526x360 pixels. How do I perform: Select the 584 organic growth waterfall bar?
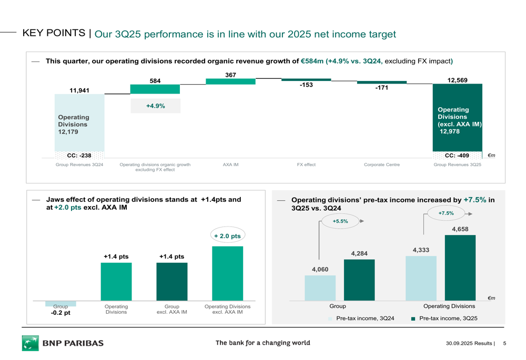click(155, 89)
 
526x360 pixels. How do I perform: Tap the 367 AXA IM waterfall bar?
click(230, 81)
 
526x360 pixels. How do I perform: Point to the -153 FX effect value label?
click(306, 85)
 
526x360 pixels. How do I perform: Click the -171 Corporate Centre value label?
click(381, 88)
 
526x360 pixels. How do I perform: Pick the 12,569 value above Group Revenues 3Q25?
click(457, 80)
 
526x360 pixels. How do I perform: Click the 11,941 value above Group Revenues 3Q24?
click(79, 90)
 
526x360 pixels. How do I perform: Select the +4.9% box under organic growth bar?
click(155, 106)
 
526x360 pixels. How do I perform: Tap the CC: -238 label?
click(79, 156)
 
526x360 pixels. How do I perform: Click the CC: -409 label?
click(457, 156)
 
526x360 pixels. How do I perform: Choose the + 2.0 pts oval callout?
click(227, 236)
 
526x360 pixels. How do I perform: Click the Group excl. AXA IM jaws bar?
click(171, 281)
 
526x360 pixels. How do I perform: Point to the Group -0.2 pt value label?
click(60, 313)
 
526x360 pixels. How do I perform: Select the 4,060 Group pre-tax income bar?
click(320, 287)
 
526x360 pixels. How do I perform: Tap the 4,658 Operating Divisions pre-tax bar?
click(460, 267)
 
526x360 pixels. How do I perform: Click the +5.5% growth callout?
click(340, 221)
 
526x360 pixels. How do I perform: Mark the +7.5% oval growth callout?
click(446, 213)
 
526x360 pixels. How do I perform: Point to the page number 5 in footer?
click(504, 344)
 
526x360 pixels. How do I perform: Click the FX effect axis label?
click(306, 164)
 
